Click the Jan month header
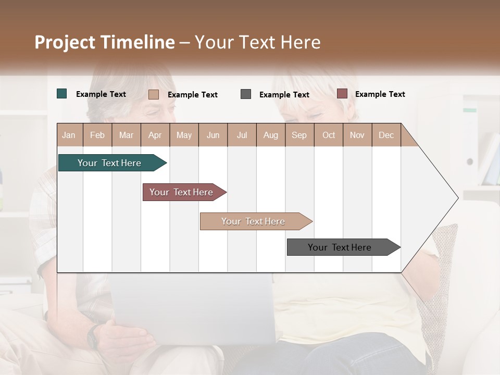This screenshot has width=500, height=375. pyautogui.click(x=69, y=135)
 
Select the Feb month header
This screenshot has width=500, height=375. pyautogui.click(x=97, y=135)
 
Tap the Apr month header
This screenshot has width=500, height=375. pyautogui.click(x=155, y=135)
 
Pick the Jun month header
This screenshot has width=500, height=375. pyautogui.click(x=213, y=135)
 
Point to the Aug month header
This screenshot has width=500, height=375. pyautogui.click(x=270, y=135)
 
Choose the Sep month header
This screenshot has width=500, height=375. pyautogui.click(x=299, y=135)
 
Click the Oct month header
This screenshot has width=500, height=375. pyautogui.click(x=329, y=135)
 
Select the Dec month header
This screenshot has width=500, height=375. pyautogui.click(x=386, y=135)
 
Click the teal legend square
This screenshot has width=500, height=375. pyautogui.click(x=62, y=94)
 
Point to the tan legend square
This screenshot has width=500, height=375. pyautogui.click(x=154, y=94)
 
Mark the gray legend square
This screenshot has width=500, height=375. pyautogui.click(x=246, y=94)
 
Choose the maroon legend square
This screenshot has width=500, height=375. pyautogui.click(x=342, y=94)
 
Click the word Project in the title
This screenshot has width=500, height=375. pyautogui.click(x=65, y=42)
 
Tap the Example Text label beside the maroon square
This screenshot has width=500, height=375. pyautogui.click(x=380, y=94)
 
